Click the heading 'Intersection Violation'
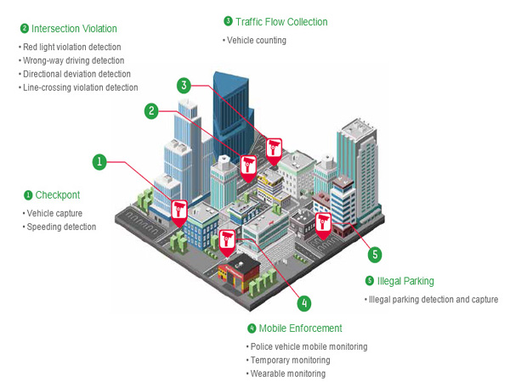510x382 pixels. pos(74,28)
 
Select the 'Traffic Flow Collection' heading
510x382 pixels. pos(280,21)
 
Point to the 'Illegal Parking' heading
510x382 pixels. pos(405,281)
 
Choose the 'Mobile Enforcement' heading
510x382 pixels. pos(300,328)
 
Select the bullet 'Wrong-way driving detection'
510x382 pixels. pos(74,60)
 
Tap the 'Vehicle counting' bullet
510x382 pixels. pos(257,40)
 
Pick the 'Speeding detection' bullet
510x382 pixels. pos(61,227)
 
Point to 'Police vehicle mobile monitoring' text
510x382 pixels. pos(309,346)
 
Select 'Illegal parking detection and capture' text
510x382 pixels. pos(433,300)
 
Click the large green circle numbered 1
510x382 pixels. pos(99,160)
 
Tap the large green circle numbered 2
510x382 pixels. pos(151,110)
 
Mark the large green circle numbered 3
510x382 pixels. pos(184,85)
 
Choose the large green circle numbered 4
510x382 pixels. pos(304,301)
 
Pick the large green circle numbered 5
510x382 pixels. pos(375,253)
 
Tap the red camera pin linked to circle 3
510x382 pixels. pos(274,149)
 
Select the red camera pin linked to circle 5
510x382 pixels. pos(322,222)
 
